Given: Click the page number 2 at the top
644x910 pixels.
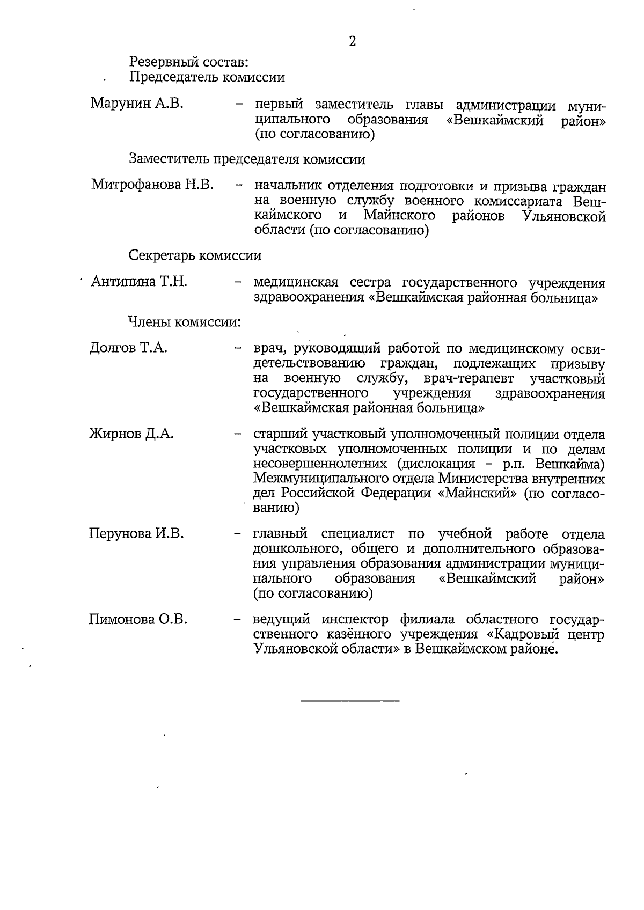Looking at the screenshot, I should pos(352,41).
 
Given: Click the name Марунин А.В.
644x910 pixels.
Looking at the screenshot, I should pos(137,103).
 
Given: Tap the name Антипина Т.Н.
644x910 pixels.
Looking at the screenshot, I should pos(139,281).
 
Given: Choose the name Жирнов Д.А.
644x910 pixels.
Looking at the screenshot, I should pos(131,434).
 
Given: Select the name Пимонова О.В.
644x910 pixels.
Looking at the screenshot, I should pos(138,619).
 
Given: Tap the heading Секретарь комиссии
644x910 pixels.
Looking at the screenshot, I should pos(195,255).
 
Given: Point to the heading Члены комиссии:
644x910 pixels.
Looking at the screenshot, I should pos(184,322).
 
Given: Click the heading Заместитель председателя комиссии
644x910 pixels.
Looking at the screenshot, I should pos(247,159).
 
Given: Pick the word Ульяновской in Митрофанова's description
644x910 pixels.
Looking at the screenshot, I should pos(563,216).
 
